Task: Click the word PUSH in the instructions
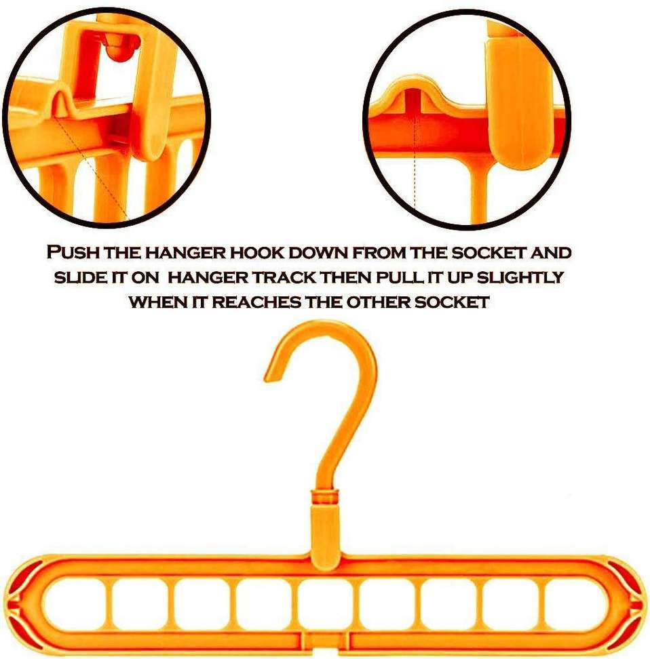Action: (70, 254)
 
